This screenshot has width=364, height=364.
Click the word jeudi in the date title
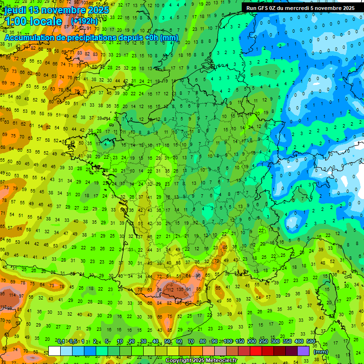point(15,10)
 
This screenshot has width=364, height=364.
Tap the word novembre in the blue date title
point(62,10)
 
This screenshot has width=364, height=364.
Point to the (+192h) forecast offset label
point(84,21)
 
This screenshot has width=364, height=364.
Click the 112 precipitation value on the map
point(170,289)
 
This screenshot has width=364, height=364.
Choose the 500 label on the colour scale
point(311,341)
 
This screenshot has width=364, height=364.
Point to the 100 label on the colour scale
point(228,341)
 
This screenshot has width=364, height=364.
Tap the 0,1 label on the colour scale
point(61,341)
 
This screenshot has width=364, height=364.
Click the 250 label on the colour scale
point(264,341)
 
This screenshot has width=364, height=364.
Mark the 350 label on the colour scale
point(287,341)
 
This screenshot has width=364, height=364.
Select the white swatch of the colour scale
point(55,351)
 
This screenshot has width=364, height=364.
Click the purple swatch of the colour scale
point(303,351)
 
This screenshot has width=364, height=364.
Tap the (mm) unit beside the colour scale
point(321,352)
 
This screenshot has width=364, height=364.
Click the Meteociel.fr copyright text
point(201,360)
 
